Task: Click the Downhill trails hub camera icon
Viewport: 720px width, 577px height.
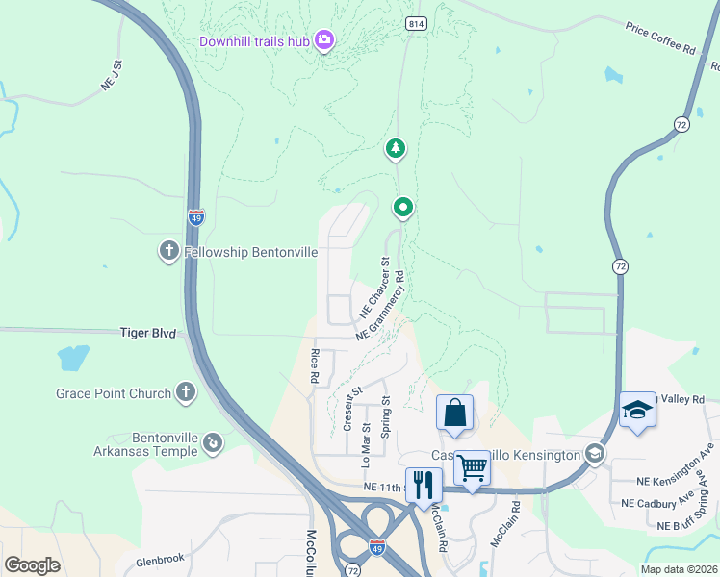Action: coord(324,40)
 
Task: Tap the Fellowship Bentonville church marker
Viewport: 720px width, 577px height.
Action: coord(168,252)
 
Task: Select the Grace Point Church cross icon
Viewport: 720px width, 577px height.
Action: coord(184,392)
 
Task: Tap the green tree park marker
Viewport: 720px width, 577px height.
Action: coord(395,147)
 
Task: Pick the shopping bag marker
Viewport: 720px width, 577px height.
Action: coord(454,414)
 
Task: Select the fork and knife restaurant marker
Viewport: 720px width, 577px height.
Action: coord(424,484)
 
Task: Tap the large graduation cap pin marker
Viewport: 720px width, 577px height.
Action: coord(637,411)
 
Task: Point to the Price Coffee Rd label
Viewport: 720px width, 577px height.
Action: coord(659,38)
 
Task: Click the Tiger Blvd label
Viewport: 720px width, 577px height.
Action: coord(147,333)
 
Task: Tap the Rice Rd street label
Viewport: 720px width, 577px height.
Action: coord(315,366)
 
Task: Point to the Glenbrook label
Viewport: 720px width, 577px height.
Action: coord(159,561)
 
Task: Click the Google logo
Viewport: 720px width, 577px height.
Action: coord(32,564)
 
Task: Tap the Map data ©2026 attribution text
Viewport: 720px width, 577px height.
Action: coord(678,569)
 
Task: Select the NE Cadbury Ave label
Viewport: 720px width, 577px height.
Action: coord(657,503)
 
